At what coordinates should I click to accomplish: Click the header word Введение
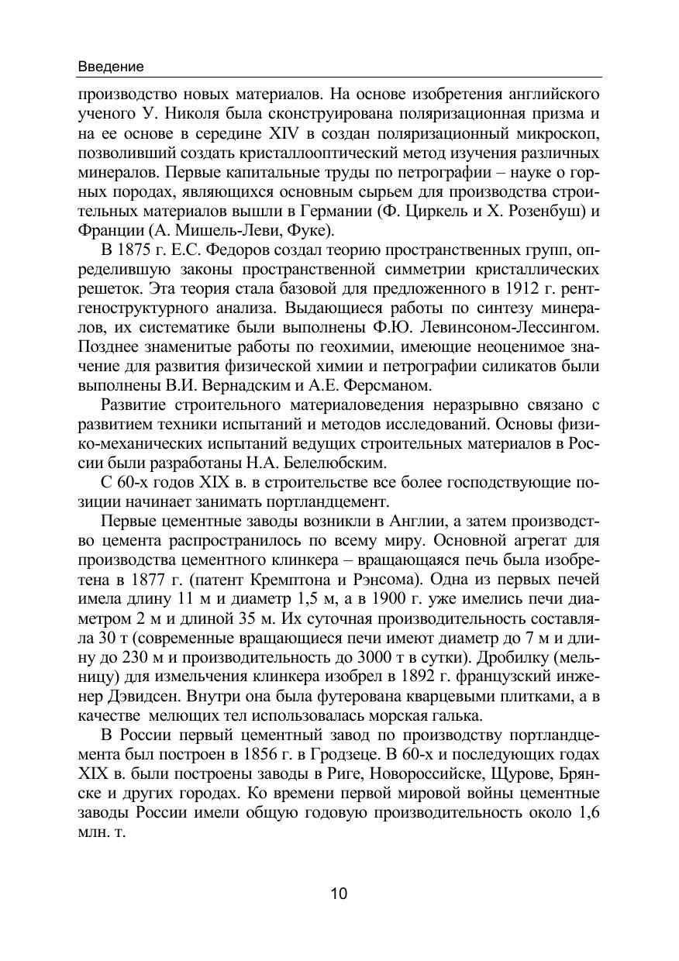(x=111, y=67)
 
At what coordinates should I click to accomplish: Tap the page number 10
(x=339, y=894)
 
